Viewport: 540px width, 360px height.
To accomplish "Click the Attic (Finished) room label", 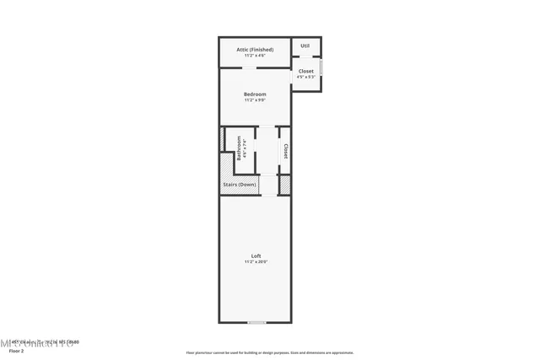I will (x=255, y=50).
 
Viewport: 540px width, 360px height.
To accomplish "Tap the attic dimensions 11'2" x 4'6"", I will (x=255, y=56).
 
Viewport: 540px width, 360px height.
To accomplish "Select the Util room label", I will (x=305, y=46).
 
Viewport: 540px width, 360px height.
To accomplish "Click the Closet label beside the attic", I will (x=305, y=71).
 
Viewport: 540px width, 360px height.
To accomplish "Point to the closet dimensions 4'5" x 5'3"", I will (x=305, y=77).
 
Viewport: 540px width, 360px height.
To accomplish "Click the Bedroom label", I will (x=255, y=94).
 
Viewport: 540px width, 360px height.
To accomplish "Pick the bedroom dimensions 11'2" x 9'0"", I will (x=255, y=99).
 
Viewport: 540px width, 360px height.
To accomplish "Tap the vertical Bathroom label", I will (x=240, y=149).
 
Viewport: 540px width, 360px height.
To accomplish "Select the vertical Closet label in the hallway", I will (x=286, y=151).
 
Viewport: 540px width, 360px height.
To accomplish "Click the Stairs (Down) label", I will (x=240, y=185).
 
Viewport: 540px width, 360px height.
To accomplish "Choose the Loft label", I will (x=256, y=255).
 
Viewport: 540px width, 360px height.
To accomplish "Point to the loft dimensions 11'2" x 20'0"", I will (x=256, y=261).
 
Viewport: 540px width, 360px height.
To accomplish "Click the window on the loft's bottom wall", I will (x=256, y=322).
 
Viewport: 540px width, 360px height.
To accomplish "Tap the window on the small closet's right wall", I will (x=321, y=67).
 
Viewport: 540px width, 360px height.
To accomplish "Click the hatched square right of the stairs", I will (x=285, y=184).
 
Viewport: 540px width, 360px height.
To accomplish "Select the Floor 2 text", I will (x=16, y=350).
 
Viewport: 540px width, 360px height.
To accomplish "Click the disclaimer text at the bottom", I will (x=270, y=352).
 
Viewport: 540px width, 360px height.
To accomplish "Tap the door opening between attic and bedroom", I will (x=250, y=67).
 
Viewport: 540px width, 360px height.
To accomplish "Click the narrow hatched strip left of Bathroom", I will (x=222, y=139).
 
